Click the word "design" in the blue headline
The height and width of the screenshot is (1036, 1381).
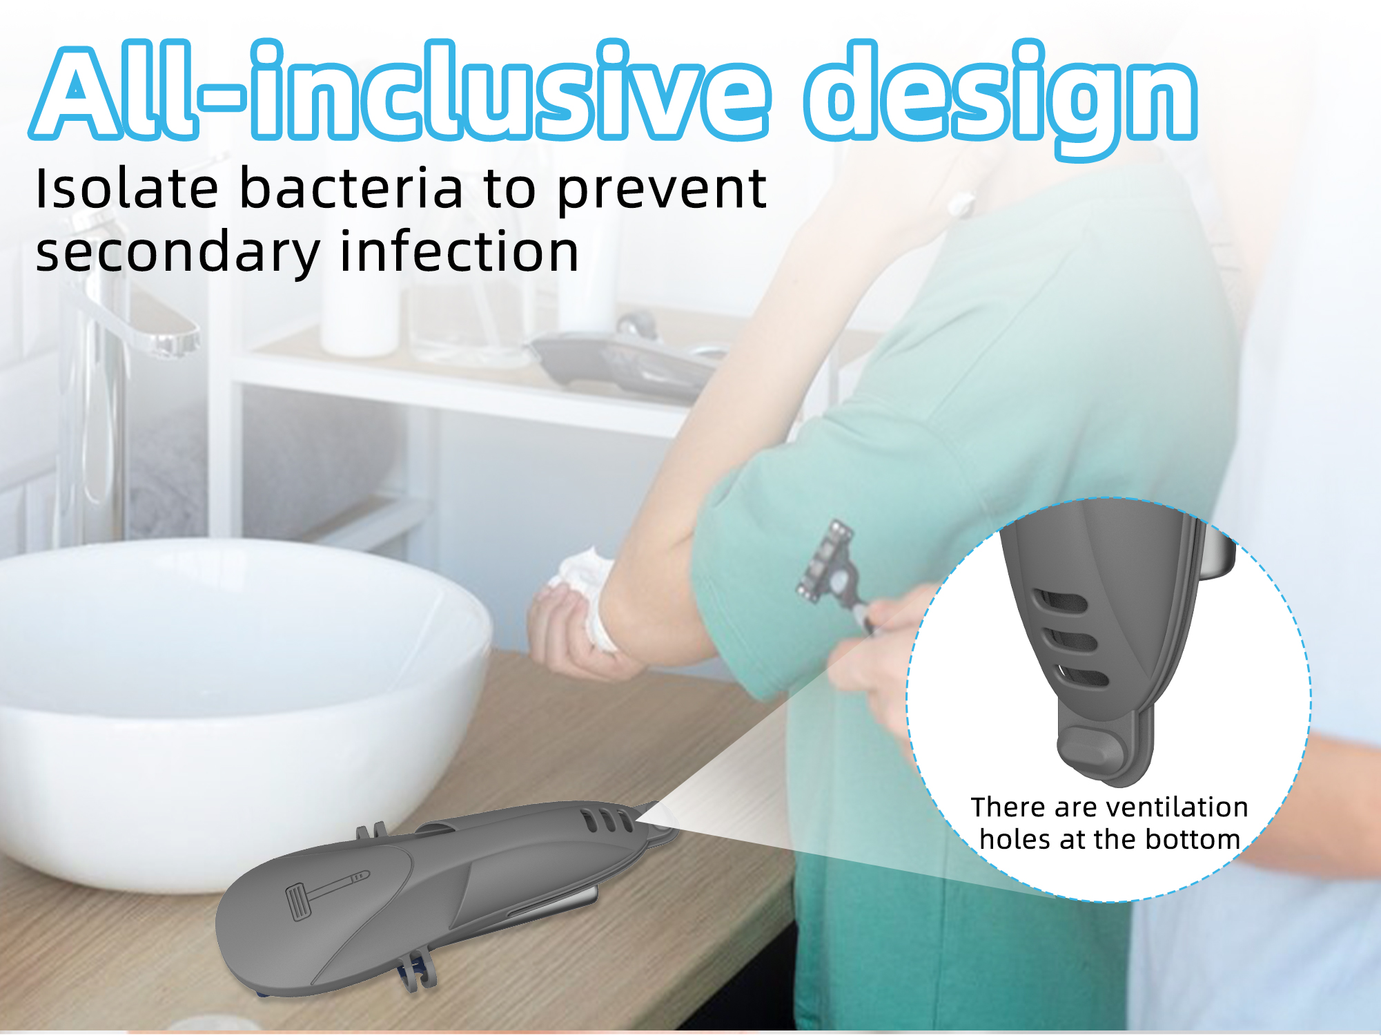click(1001, 97)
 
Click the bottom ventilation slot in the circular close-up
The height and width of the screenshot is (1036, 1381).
click(1083, 676)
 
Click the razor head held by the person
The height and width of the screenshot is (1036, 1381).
click(825, 560)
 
